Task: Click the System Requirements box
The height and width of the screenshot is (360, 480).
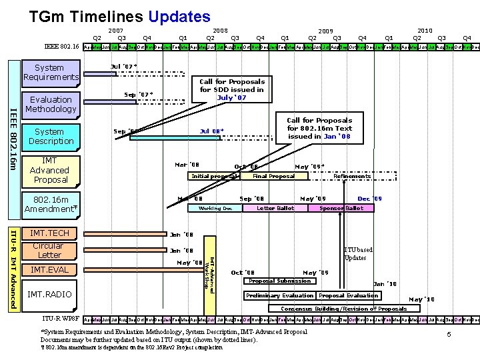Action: [49, 72]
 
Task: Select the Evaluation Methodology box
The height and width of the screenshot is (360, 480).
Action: [51, 104]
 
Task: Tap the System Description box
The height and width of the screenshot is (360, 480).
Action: [51, 136]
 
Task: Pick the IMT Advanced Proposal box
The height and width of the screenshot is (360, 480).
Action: [49, 170]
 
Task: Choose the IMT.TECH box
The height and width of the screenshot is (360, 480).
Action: [50, 233]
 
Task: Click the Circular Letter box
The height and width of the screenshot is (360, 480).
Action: [50, 250]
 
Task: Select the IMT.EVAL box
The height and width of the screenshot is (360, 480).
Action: [50, 269]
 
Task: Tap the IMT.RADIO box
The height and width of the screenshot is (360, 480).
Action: [50, 294]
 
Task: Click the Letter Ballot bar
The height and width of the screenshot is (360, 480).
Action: [275, 208]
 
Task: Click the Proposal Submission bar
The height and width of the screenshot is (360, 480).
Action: [279, 281]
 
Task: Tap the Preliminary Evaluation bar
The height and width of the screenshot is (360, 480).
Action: [280, 295]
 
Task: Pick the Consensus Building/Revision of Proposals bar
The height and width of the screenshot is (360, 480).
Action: [343, 309]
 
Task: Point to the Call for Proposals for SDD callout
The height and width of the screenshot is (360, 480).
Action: [232, 89]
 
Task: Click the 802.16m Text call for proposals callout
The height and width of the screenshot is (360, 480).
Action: [319, 128]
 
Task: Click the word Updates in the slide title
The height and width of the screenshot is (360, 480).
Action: [179, 15]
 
